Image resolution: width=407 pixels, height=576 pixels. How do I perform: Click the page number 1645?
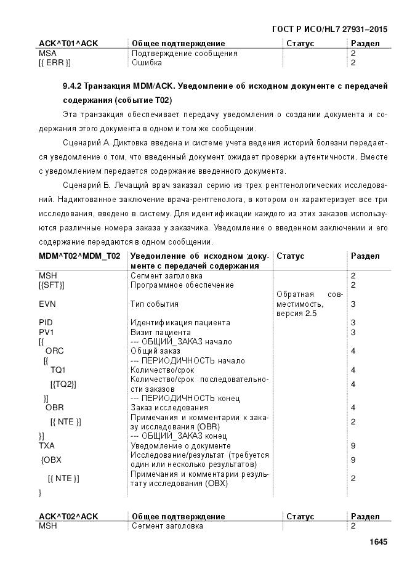(x=377, y=542)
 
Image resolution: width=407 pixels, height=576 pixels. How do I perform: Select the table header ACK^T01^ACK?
(x=68, y=44)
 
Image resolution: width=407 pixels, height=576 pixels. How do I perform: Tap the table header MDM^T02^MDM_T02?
(x=79, y=256)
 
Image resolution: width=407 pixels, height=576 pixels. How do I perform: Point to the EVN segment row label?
(x=48, y=304)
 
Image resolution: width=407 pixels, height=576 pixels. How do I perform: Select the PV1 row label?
(x=47, y=332)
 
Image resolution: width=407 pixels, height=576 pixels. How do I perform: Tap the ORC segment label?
(x=54, y=351)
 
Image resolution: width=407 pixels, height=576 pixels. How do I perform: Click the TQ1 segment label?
(x=58, y=370)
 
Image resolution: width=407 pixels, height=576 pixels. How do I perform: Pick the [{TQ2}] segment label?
(x=63, y=384)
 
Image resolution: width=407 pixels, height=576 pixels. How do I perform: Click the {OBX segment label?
(x=51, y=460)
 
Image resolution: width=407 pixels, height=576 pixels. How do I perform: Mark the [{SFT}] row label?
(x=52, y=285)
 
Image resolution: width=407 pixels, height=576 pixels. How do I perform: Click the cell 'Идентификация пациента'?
(x=180, y=322)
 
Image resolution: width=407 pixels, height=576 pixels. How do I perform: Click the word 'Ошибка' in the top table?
(x=147, y=62)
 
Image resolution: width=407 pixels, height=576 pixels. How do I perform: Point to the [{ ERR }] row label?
(x=54, y=62)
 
